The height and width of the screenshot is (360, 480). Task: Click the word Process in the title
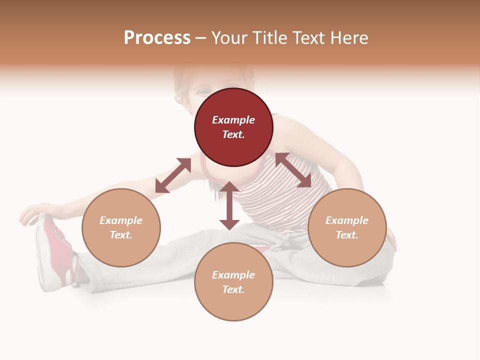pyautogui.click(x=157, y=38)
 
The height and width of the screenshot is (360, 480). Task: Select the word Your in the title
pyautogui.click(x=229, y=38)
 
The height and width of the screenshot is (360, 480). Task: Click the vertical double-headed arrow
pyautogui.click(x=229, y=205)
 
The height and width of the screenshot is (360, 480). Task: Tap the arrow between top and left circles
pyautogui.click(x=173, y=175)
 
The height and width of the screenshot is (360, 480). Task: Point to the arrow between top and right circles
pyautogui.click(x=293, y=170)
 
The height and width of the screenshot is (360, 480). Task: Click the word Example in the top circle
pyautogui.click(x=233, y=120)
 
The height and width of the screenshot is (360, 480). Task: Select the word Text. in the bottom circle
pyautogui.click(x=233, y=289)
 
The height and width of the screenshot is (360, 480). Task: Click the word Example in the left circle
pyautogui.click(x=121, y=220)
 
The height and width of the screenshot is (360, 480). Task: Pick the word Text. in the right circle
pyautogui.click(x=347, y=235)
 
